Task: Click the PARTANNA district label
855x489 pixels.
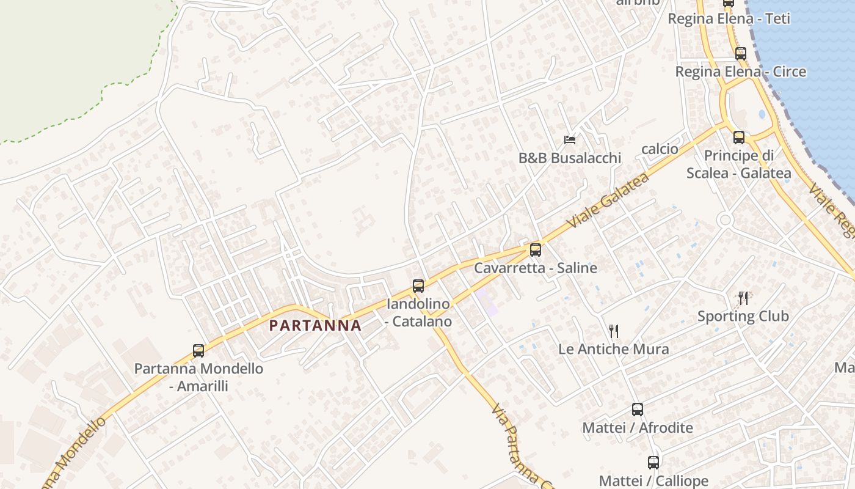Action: pos(315,325)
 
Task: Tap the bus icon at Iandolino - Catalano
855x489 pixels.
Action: pos(418,285)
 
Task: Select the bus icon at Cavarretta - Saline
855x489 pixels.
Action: pos(536,249)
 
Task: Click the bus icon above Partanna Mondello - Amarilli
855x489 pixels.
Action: pos(198,351)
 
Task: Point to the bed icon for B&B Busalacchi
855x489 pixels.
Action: pos(570,140)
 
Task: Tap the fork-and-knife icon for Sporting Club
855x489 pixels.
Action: pos(743,298)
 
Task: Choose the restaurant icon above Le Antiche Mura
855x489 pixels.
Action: pos(614,331)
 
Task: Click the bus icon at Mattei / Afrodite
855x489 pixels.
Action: pos(638,410)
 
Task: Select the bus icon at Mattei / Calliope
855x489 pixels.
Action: pos(653,463)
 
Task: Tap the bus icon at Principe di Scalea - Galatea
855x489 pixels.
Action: pos(739,137)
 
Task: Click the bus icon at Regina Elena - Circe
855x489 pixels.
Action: pos(741,54)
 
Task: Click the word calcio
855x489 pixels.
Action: pos(660,149)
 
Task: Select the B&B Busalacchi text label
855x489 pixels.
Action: pos(570,158)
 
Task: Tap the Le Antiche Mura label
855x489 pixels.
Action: pos(614,349)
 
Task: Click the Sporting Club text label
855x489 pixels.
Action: pos(743,316)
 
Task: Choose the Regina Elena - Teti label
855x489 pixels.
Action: pos(729,18)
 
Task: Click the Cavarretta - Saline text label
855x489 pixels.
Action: pos(536,268)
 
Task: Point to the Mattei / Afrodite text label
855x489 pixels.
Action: pos(638,428)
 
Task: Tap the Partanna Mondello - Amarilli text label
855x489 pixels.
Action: pos(198,377)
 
